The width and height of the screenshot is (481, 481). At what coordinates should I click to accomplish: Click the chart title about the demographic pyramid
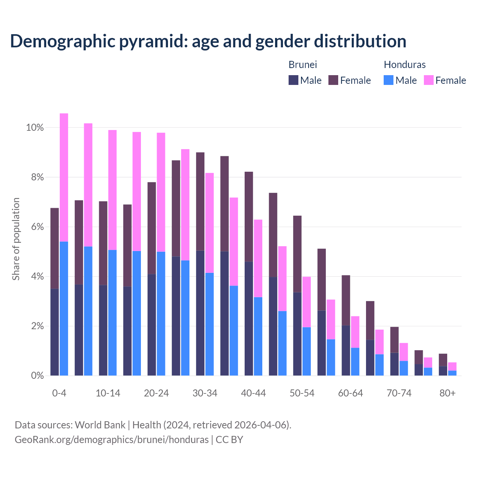(x=208, y=41)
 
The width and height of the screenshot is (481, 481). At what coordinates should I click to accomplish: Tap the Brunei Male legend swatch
(x=293, y=80)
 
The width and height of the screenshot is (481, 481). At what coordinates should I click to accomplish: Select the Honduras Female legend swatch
(x=428, y=80)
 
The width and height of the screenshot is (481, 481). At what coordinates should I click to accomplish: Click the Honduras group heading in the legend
(x=404, y=65)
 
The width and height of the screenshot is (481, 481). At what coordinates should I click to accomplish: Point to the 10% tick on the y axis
(x=35, y=128)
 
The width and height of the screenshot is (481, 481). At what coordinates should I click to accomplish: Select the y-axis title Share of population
(x=16, y=239)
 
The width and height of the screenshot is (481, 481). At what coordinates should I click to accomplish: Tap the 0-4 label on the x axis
(x=59, y=393)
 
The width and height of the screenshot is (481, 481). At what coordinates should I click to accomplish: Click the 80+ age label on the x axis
(x=448, y=393)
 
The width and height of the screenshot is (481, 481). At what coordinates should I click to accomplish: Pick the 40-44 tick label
(x=253, y=393)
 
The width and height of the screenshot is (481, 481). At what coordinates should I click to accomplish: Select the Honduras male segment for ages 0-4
(x=64, y=308)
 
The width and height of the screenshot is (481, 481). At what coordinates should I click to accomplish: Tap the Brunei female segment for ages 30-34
(x=200, y=201)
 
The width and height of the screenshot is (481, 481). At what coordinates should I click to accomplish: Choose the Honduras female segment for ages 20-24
(x=161, y=192)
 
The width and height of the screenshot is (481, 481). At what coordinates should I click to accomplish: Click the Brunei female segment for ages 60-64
(x=346, y=300)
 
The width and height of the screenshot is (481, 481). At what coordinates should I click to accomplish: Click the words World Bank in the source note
(x=100, y=425)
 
